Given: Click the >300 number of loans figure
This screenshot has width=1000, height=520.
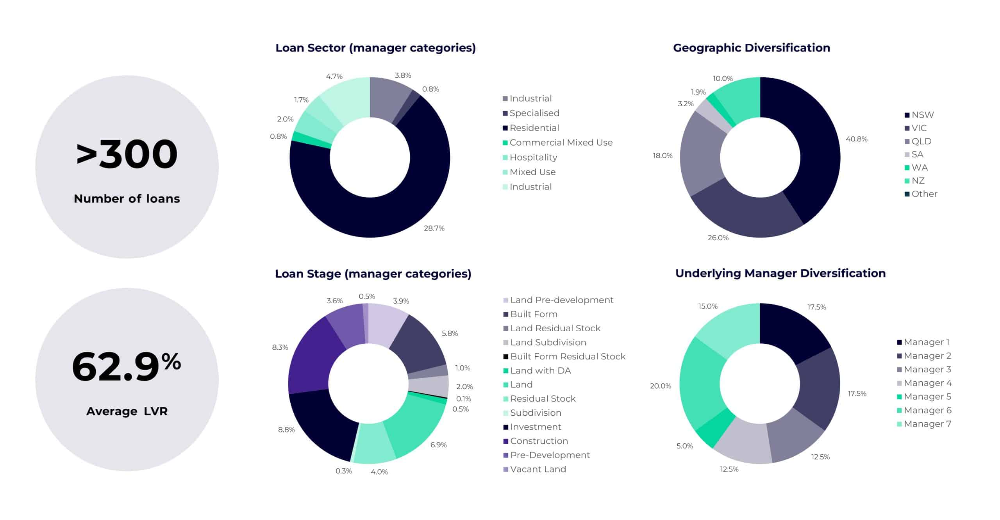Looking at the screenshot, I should pyautogui.click(x=127, y=154).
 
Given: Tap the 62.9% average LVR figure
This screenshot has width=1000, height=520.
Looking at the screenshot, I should pyautogui.click(x=126, y=366).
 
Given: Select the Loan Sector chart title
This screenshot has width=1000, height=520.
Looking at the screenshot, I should pyautogui.click(x=375, y=48).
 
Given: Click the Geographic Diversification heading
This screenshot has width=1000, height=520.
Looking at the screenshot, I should pyautogui.click(x=751, y=48).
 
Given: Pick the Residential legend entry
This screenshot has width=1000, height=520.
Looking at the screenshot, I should pyautogui.click(x=534, y=128).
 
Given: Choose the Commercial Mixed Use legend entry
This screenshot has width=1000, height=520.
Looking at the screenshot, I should pyautogui.click(x=561, y=143).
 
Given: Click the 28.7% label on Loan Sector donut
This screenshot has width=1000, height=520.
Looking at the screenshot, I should pyautogui.click(x=434, y=228).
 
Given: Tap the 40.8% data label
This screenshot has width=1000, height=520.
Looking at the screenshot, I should pyautogui.click(x=856, y=139).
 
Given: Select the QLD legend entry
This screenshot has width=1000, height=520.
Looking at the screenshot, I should pyautogui.click(x=921, y=141).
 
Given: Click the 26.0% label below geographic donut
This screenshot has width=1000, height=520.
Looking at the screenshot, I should pyautogui.click(x=718, y=238).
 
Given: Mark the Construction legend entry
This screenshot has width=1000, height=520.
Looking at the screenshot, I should pyautogui.click(x=539, y=441).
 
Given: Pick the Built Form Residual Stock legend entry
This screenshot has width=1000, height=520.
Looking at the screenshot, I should pyautogui.click(x=567, y=356).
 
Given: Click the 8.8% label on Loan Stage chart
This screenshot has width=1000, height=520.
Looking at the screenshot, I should pyautogui.click(x=286, y=430).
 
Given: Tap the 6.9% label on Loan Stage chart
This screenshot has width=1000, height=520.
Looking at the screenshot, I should pyautogui.click(x=438, y=445).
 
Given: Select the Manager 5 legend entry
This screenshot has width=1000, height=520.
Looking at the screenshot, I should pyautogui.click(x=927, y=397).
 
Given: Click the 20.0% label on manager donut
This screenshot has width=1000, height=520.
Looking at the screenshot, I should pyautogui.click(x=660, y=386).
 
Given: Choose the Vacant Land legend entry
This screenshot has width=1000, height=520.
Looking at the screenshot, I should pyautogui.click(x=537, y=469).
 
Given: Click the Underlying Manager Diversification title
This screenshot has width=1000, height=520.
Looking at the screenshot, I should pyautogui.click(x=780, y=273).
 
